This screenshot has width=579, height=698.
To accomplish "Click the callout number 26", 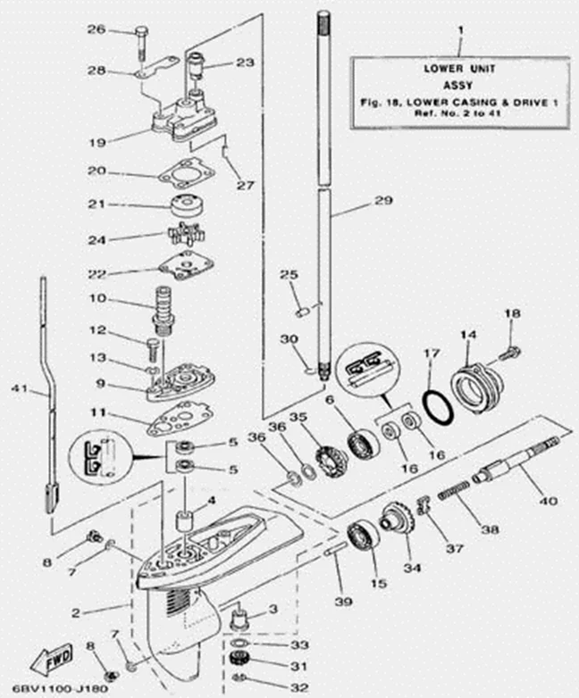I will (x=121, y=30).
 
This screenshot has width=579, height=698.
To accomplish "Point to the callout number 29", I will (x=383, y=203).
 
